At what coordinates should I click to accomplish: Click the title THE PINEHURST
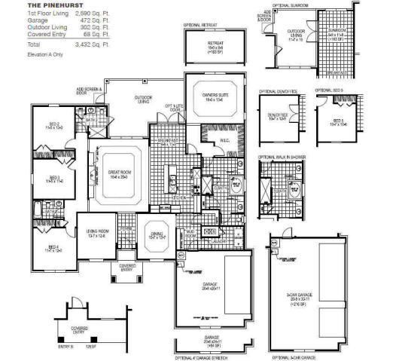tap(29, 5)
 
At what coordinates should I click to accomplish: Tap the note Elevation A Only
tap(25, 55)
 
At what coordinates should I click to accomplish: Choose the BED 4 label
tap(53, 247)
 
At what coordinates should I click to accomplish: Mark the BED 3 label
tap(54, 178)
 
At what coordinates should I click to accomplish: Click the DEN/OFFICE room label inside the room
tap(278, 117)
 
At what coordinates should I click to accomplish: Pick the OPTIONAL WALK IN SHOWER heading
tap(281, 157)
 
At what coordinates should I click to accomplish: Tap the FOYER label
tap(126, 228)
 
